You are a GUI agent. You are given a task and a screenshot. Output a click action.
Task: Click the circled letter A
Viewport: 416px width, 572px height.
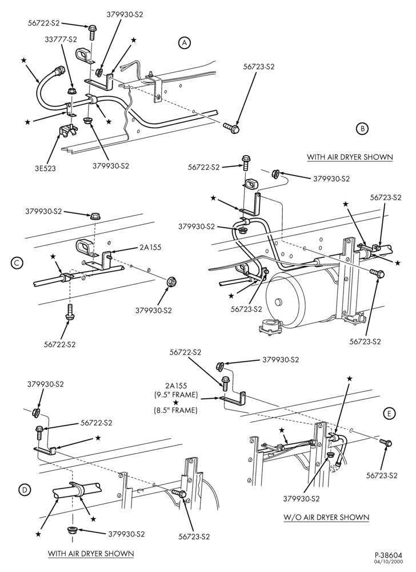185,43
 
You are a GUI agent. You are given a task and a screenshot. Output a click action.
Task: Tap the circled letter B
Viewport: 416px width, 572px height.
362,128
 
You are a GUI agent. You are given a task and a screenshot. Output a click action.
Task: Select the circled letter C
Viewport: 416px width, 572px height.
17,263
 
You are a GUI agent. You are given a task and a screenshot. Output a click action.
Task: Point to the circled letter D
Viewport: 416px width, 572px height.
25,490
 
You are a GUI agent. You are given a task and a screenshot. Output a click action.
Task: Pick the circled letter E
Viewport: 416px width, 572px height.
390,414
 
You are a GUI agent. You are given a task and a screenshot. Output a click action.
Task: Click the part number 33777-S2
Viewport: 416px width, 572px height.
61,38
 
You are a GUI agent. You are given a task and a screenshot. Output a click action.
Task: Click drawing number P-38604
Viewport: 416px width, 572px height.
390,557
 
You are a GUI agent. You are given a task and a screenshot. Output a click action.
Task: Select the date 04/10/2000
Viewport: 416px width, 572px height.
391,563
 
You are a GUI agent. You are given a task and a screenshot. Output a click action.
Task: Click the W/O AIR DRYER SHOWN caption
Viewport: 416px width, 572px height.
326,517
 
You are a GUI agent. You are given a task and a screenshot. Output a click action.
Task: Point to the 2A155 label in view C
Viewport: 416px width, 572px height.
150,247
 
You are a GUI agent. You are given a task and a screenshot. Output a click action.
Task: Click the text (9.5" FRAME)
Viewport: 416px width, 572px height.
176,394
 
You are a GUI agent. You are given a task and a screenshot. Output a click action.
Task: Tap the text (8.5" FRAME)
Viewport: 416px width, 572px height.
176,410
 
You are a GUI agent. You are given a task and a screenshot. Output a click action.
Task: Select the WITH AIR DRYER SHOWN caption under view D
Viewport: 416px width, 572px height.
91,553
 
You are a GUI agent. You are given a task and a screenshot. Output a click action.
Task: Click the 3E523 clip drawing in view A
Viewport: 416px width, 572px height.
69,130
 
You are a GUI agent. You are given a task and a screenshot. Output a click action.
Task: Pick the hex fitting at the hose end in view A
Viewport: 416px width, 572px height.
59,69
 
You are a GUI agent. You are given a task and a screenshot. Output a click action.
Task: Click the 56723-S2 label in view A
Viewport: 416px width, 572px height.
259,67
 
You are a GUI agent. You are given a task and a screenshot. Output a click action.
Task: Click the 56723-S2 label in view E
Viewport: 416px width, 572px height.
382,475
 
